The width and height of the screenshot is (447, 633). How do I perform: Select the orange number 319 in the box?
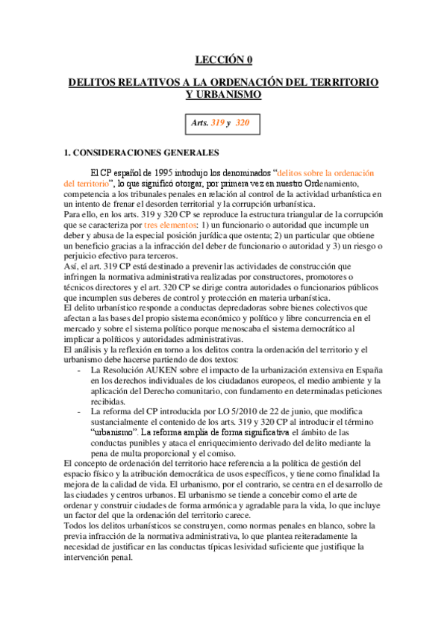(x=219, y=122)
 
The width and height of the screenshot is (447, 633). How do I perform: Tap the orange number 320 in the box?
(x=243, y=122)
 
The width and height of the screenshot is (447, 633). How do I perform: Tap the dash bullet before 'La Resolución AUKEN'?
(x=80, y=371)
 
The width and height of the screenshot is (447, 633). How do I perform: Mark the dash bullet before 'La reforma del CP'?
(x=80, y=411)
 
